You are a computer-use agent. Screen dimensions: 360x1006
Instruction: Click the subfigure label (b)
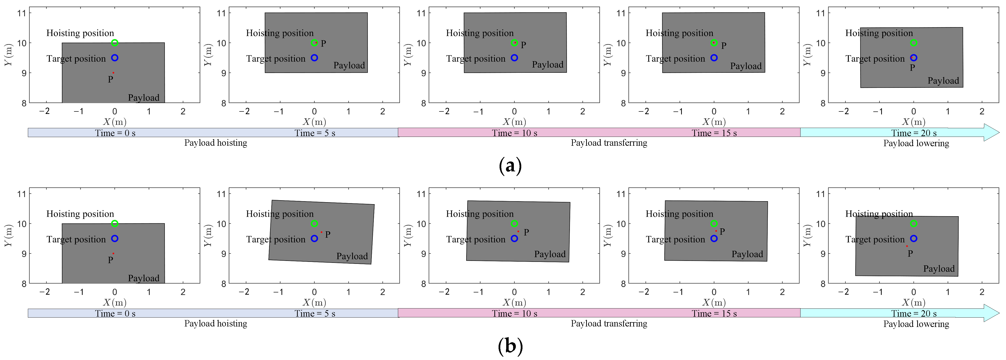pyautogui.click(x=510, y=346)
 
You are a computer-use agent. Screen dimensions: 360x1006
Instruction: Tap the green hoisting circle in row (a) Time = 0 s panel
pyautogui.click(x=114, y=43)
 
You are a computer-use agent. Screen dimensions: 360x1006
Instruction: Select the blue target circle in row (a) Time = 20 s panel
pyautogui.click(x=913, y=58)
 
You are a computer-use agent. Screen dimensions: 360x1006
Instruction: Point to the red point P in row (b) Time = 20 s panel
pyautogui.click(x=907, y=246)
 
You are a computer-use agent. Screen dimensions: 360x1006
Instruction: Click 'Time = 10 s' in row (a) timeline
pyautogui.click(x=514, y=133)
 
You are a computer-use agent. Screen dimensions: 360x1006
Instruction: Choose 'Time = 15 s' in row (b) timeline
pyautogui.click(x=714, y=314)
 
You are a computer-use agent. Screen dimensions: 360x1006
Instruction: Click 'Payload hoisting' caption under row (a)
pyautogui.click(x=216, y=143)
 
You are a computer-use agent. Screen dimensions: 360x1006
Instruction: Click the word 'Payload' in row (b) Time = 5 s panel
pyautogui.click(x=352, y=256)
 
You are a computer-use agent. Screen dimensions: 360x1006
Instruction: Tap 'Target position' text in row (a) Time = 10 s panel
pyautogui.click(x=475, y=59)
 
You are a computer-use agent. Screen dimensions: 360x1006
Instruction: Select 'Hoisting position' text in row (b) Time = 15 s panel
pyautogui.click(x=679, y=214)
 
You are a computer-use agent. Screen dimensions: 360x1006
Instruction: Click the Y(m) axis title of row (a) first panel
pyautogui.click(x=9, y=55)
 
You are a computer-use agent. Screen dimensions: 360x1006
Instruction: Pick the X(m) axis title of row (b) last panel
pyautogui.click(x=913, y=303)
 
